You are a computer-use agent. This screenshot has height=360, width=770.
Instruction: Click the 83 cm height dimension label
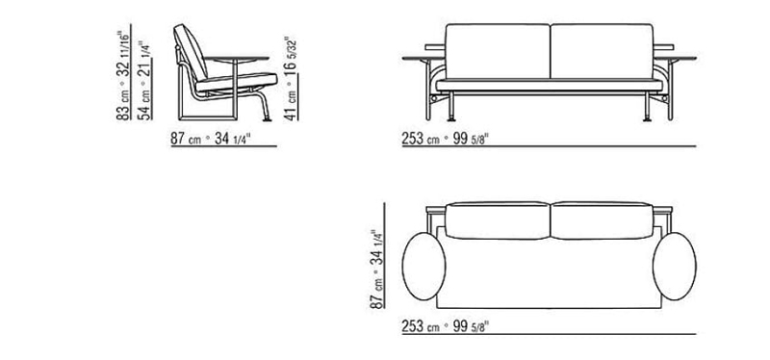tap(123, 75)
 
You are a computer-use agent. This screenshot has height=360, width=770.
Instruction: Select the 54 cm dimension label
tap(145, 80)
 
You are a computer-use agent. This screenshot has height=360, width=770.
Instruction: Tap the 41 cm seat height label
tap(291, 79)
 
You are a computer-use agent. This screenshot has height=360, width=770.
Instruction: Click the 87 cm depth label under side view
tap(211, 139)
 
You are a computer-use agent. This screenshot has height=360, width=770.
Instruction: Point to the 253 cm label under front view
tap(446, 139)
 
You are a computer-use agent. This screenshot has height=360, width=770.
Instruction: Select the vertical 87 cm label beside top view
tap(376, 270)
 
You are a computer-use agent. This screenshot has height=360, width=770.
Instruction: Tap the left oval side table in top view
tap(423, 267)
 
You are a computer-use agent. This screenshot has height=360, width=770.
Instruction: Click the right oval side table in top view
tap(675, 267)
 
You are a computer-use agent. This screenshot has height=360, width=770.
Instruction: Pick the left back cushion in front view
tap(498, 51)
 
